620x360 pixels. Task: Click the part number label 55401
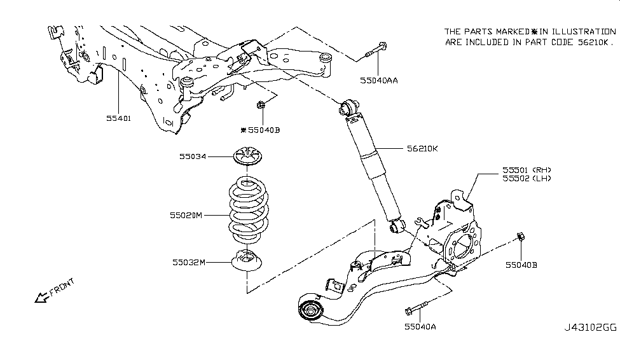(x=118, y=118)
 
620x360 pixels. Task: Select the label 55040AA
(x=379, y=81)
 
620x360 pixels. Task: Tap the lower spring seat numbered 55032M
(x=247, y=261)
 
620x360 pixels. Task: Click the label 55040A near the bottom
(x=420, y=327)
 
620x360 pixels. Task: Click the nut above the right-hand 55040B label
(x=521, y=237)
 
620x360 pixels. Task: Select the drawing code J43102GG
(x=590, y=329)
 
